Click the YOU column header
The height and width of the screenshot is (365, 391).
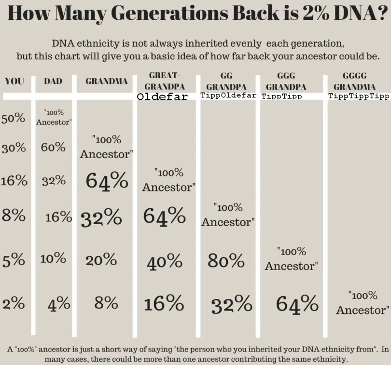tap(14, 81)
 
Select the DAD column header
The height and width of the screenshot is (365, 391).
tap(53, 81)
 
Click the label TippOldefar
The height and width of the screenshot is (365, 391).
tap(228, 95)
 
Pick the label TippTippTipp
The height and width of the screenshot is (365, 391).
tap(358, 96)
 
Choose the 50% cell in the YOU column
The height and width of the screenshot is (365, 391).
tap(14, 118)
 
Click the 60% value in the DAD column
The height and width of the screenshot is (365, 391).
tap(53, 147)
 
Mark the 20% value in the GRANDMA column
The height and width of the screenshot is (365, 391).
tap(101, 260)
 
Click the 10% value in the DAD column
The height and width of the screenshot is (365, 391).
tap(53, 258)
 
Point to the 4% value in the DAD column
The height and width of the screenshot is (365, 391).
tap(59, 304)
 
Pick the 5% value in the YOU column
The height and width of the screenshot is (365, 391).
tap(14, 260)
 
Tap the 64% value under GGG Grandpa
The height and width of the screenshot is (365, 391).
tap(297, 304)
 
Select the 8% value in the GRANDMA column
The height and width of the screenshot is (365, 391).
tap(106, 303)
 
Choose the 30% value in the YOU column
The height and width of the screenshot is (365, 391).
tap(14, 148)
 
